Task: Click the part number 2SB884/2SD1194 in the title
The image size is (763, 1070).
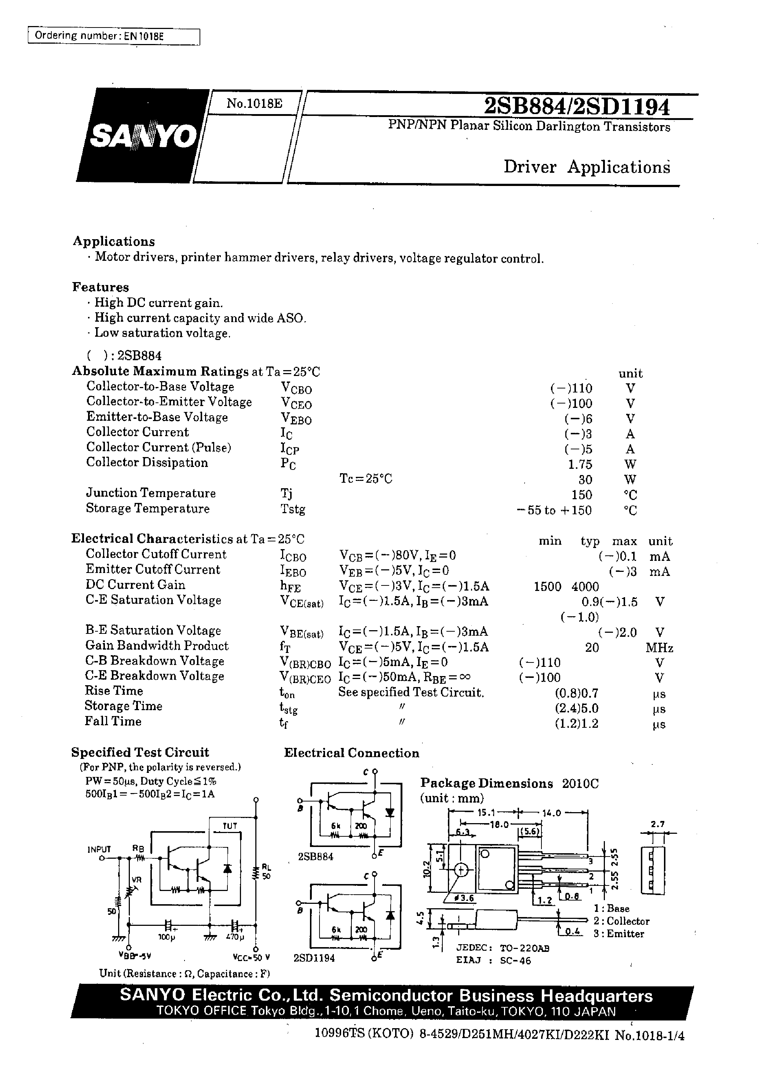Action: [577, 107]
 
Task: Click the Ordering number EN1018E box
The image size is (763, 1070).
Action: [114, 36]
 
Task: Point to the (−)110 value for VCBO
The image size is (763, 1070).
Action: [571, 388]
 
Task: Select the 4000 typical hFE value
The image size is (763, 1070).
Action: [585, 587]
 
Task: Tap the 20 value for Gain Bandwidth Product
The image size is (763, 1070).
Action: [592, 648]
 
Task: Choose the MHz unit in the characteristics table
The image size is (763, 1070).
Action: [659, 648]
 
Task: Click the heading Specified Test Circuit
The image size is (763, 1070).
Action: [140, 752]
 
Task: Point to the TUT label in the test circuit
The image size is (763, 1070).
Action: [230, 826]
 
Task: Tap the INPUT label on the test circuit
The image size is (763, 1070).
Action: [99, 849]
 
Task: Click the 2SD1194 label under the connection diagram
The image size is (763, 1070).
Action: [314, 958]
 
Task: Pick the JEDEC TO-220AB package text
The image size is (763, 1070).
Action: [502, 948]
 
